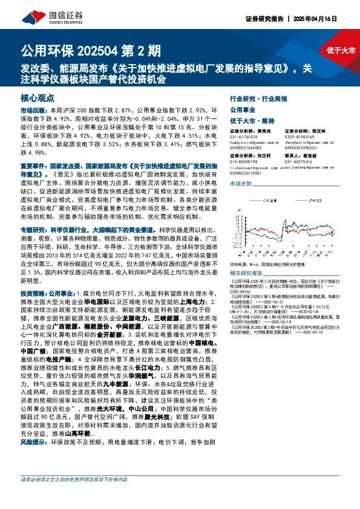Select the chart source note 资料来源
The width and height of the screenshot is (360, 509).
pos(238,247)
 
